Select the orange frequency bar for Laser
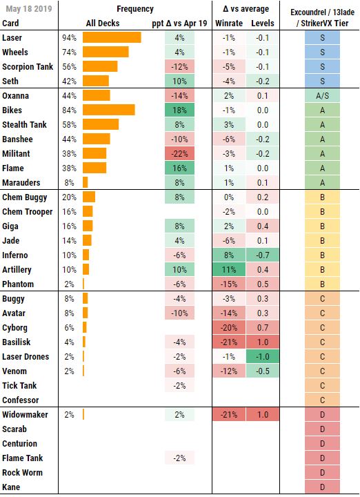[x=112, y=37]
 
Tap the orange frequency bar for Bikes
[x=108, y=110]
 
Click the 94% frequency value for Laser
[x=69, y=37]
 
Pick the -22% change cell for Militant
[x=180, y=153]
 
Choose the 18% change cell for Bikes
[x=180, y=110]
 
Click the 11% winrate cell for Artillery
[x=228, y=269]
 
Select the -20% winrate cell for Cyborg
[x=228, y=327]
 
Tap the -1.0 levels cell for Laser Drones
[x=263, y=356]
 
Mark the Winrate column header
[x=229, y=23]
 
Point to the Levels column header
[x=263, y=23]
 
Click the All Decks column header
[x=103, y=23]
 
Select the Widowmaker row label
[x=25, y=414]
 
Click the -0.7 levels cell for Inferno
[x=263, y=255]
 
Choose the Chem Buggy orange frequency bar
[x=89, y=197]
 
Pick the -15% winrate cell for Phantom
[x=228, y=284]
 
